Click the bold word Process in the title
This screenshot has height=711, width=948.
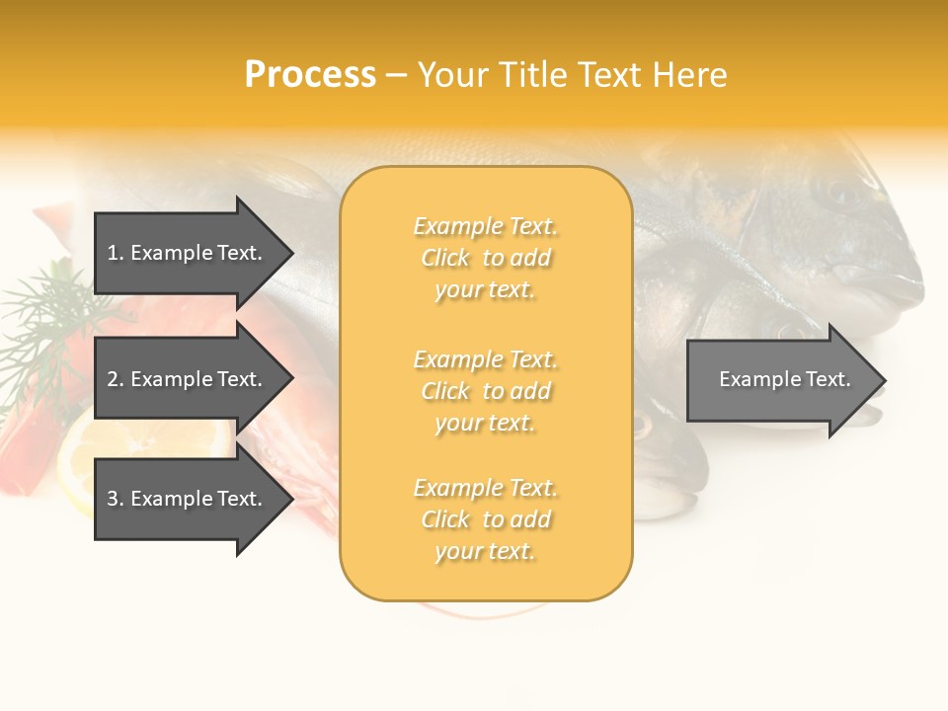[310, 75]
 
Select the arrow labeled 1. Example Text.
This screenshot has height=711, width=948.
[185, 253]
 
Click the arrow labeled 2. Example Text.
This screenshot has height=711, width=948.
[185, 379]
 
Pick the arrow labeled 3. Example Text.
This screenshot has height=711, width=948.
[185, 499]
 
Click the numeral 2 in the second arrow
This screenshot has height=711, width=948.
[113, 379]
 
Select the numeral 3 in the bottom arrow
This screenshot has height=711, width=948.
[113, 499]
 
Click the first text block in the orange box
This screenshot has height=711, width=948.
[485, 258]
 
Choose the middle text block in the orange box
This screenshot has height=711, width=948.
[485, 391]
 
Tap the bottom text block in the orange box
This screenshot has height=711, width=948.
[485, 519]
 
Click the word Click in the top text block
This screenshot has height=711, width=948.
[445, 258]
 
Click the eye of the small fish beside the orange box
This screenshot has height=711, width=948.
[643, 427]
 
